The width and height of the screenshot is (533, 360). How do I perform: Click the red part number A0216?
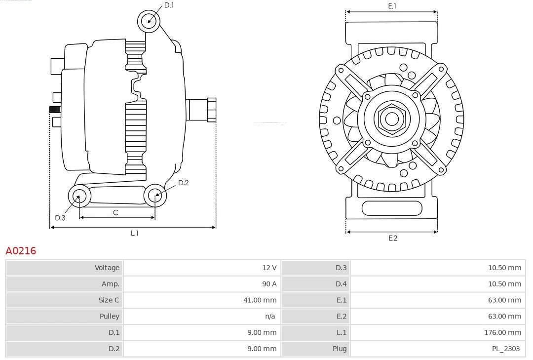(21, 251)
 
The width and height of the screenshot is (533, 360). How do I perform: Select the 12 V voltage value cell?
(269, 268)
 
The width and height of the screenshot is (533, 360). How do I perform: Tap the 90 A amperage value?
(269, 284)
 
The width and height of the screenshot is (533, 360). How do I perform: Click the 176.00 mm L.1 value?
(502, 332)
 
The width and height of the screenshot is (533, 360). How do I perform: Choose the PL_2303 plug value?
(505, 349)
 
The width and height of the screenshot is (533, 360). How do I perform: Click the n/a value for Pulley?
(269, 316)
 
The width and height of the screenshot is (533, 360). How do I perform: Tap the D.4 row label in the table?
(341, 284)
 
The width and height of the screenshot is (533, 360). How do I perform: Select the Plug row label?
(340, 349)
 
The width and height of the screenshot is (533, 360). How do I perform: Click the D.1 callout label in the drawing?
(169, 5)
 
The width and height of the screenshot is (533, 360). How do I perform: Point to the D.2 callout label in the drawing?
(183, 183)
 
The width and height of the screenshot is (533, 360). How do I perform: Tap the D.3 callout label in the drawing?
(60, 218)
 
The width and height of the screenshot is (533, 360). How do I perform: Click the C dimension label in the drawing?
(115, 212)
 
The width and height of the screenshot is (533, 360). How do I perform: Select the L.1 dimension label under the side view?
(134, 233)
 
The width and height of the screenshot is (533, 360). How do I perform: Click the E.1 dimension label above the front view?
(392, 6)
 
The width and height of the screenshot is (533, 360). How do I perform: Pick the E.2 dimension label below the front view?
(392, 238)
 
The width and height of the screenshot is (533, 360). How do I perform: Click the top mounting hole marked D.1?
(149, 21)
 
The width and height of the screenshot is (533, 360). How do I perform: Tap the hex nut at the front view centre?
(392, 119)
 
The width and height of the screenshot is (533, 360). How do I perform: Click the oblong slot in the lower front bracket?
(392, 208)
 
